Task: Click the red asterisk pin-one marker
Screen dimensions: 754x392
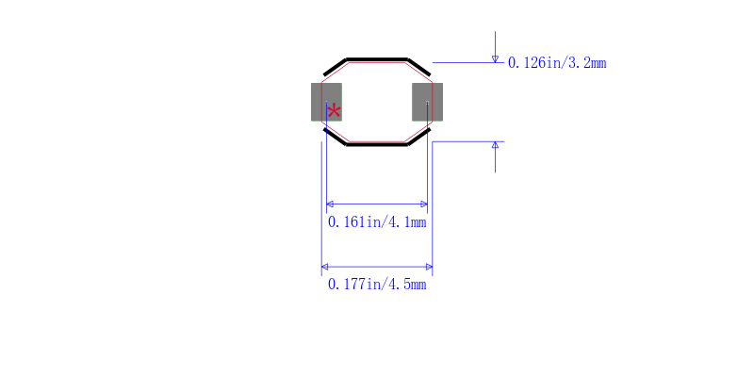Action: coord(334,111)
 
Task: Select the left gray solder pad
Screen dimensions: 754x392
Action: coord(326,102)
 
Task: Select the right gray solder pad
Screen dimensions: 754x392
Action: coord(428,102)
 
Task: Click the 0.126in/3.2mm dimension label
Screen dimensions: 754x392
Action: coord(557,63)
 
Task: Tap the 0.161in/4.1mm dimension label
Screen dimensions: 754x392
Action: coord(377,222)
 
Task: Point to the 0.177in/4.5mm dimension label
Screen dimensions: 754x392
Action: coord(377,285)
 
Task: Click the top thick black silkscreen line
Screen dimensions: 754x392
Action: coord(377,59)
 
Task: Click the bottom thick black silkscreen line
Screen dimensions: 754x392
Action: coord(377,144)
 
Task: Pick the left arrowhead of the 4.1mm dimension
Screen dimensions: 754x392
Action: coord(330,204)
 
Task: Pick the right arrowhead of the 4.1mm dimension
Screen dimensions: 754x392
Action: coord(424,204)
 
